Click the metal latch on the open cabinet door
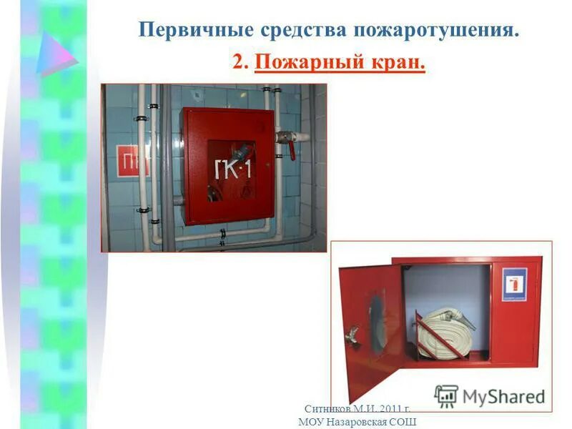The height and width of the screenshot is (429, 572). [x=351, y=332]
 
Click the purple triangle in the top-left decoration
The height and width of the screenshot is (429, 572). [x=56, y=53]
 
